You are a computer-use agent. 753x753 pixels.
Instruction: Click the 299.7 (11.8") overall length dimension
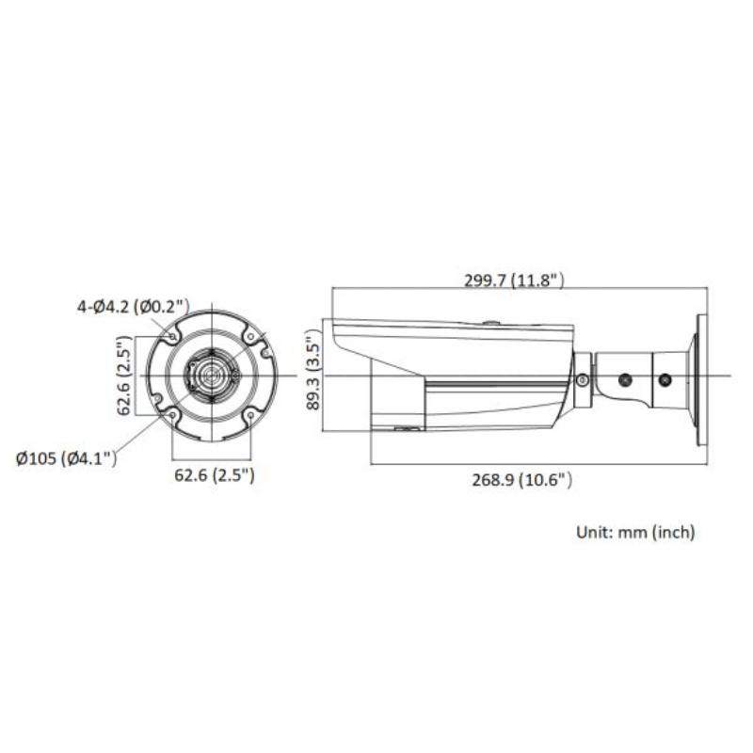(513, 280)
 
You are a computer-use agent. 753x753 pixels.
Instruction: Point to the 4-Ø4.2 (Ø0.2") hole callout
(134, 305)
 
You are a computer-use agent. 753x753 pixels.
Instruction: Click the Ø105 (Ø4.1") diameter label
(67, 458)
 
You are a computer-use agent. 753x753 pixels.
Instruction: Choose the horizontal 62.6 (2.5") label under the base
(213, 475)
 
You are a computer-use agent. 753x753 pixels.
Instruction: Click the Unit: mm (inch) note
(635, 533)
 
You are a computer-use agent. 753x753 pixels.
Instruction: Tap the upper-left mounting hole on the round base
(172, 335)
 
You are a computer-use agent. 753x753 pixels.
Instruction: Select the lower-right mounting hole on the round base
(252, 415)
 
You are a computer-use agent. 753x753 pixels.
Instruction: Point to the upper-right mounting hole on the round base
(252, 336)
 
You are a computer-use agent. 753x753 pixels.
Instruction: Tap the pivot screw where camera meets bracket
(583, 380)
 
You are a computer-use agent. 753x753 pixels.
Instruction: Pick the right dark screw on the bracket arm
(665, 379)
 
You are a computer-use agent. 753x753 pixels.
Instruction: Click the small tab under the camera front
(406, 430)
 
